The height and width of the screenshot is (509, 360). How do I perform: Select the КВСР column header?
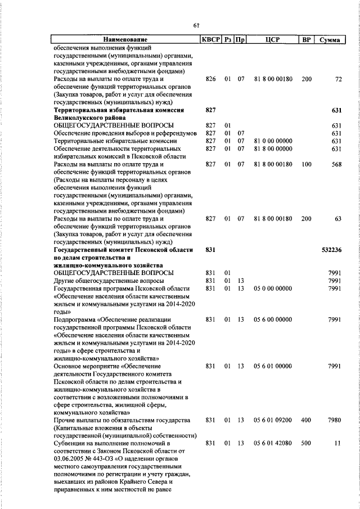pos(210,40)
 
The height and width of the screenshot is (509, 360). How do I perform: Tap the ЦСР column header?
pos(273,40)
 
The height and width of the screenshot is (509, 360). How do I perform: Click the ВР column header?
pos(306,40)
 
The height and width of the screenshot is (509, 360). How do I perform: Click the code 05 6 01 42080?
pos(273,443)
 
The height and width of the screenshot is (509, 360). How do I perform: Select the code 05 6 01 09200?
pos(273,420)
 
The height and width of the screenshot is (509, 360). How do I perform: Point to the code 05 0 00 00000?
pos(273,288)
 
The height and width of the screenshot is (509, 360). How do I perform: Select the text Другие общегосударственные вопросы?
pos(109,280)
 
